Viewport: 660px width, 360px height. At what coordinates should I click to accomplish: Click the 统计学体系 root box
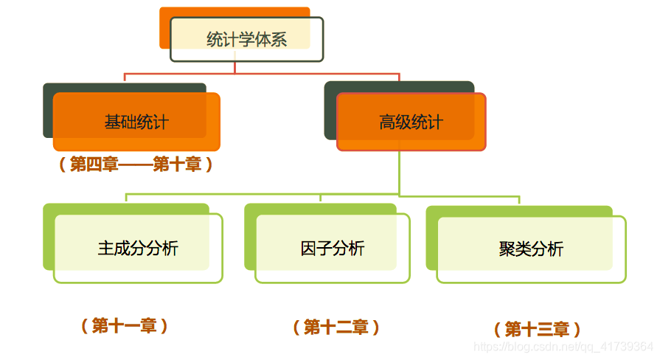click(246, 40)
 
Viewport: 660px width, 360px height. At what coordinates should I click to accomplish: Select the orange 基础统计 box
click(136, 122)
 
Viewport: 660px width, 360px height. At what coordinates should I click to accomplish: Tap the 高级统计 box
click(411, 122)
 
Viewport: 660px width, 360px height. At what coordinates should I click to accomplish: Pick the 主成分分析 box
click(138, 249)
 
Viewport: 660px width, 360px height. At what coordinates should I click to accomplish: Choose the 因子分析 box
click(333, 249)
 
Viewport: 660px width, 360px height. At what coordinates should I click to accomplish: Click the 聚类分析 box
click(531, 249)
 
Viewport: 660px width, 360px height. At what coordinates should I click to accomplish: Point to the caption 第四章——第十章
click(136, 165)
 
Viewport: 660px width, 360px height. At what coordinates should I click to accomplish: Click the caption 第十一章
click(125, 325)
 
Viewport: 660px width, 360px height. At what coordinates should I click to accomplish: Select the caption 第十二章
click(336, 327)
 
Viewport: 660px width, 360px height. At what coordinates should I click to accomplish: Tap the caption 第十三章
click(537, 329)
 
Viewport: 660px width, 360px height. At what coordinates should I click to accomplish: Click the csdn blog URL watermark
click(563, 346)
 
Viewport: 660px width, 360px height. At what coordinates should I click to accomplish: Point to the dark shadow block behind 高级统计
click(330, 111)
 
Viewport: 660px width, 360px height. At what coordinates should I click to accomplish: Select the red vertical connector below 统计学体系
click(235, 68)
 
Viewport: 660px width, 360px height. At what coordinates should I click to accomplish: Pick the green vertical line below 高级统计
click(399, 173)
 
